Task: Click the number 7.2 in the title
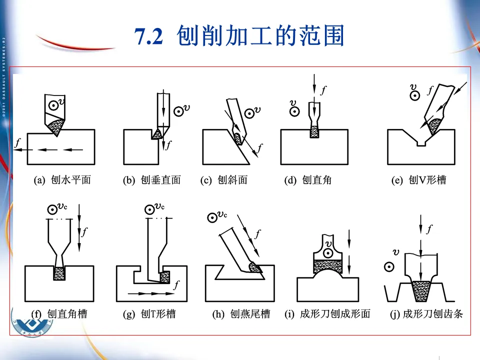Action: pyautogui.click(x=149, y=36)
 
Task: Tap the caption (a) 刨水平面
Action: pyautogui.click(x=62, y=180)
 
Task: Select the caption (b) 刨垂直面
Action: pyautogui.click(x=152, y=180)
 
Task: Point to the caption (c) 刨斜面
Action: pyautogui.click(x=224, y=180)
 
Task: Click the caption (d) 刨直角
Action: pyautogui.click(x=307, y=180)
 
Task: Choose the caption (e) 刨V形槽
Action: pyautogui.click(x=419, y=180)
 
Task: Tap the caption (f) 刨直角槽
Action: pyautogui.click(x=59, y=314)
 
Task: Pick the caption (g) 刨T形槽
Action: pyautogui.click(x=149, y=314)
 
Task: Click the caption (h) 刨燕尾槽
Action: pyautogui.click(x=241, y=314)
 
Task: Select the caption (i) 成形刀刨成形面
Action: pyautogui.click(x=327, y=314)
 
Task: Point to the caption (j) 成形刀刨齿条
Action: pyautogui.click(x=426, y=314)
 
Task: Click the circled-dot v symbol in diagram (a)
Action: pyautogui.click(x=54, y=106)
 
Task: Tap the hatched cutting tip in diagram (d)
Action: pyautogui.click(x=314, y=131)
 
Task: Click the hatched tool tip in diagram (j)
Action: pyautogui.click(x=421, y=291)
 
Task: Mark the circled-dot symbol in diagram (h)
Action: pyautogui.click(x=212, y=218)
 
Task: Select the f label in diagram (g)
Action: pyautogui.click(x=176, y=284)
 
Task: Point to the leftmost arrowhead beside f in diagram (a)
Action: pyautogui.click(x=18, y=149)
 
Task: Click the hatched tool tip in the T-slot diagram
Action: pyautogui.click(x=165, y=277)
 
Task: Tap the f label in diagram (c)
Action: pyautogui.click(x=260, y=148)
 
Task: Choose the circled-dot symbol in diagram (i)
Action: pyautogui.click(x=328, y=253)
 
